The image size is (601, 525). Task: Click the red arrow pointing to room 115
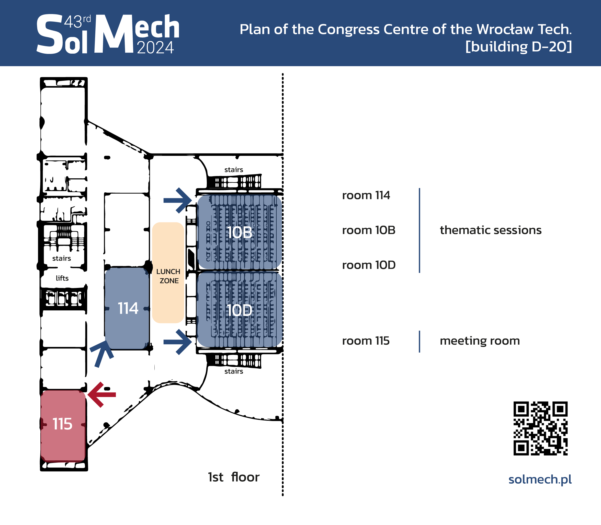pyautogui.click(x=101, y=395)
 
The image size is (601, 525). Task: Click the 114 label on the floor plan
pyautogui.click(x=128, y=309)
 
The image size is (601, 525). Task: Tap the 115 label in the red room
pyautogui.click(x=62, y=424)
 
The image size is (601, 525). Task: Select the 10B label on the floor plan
pyautogui.click(x=240, y=233)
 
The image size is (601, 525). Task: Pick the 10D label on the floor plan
pyautogui.click(x=240, y=310)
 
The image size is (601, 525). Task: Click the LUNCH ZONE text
pyautogui.click(x=168, y=276)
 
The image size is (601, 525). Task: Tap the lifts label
pyautogui.click(x=62, y=278)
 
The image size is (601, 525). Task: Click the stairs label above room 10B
pyautogui.click(x=234, y=170)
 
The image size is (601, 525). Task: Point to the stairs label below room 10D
pyautogui.click(x=234, y=371)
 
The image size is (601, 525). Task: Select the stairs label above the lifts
pyautogui.click(x=62, y=258)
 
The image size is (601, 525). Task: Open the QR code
pyautogui.click(x=540, y=428)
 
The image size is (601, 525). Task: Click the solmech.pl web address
pyautogui.click(x=540, y=480)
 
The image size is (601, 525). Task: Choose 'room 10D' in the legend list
pyautogui.click(x=369, y=265)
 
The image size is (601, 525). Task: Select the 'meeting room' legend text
pyautogui.click(x=480, y=341)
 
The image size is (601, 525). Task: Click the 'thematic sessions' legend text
pyautogui.click(x=491, y=230)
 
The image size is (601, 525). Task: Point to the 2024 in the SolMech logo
pyautogui.click(x=155, y=48)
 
